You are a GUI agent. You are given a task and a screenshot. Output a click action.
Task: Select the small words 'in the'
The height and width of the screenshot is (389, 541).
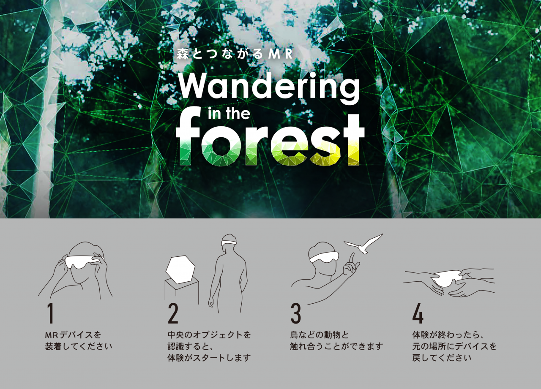(x=229, y=114)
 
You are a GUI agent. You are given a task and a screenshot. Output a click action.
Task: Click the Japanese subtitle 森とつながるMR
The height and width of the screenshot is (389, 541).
(x=235, y=54)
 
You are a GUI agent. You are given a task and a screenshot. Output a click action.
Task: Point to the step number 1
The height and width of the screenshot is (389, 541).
(x=50, y=313)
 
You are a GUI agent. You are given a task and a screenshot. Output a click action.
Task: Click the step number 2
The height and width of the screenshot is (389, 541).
(x=173, y=313)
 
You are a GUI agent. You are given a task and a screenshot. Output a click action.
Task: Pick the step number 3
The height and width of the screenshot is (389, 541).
(x=295, y=313)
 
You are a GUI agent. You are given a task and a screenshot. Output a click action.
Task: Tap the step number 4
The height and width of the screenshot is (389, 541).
(x=418, y=313)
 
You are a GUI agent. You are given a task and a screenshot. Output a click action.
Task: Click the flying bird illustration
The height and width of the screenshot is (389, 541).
(x=363, y=244)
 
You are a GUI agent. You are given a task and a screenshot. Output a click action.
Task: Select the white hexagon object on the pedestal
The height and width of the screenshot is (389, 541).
(x=180, y=269)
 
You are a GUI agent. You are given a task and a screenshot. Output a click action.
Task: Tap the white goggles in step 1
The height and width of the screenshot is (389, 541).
(x=82, y=261)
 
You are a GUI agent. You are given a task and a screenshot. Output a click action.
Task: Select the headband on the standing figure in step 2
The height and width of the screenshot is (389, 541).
(x=229, y=242)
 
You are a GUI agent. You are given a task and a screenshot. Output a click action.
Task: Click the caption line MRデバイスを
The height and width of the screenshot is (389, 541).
(x=73, y=335)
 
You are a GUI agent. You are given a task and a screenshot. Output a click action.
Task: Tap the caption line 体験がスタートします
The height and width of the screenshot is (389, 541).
(x=209, y=358)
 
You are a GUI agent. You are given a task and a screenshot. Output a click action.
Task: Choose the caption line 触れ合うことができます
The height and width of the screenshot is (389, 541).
(x=336, y=346)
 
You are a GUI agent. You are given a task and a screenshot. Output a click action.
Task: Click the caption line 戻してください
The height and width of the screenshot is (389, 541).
(x=442, y=358)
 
